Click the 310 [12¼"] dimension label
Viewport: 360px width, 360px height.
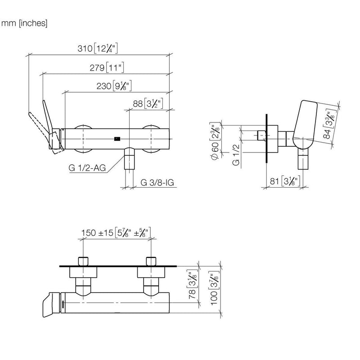98,48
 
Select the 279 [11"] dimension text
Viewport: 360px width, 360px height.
107,67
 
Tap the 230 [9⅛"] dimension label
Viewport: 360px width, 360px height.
114,86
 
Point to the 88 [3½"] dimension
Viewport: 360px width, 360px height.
148,103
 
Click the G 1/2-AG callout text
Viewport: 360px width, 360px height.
87,168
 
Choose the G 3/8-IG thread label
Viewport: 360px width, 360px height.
157,183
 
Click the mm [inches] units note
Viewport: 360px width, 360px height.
24,23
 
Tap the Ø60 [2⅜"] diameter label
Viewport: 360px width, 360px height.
216,141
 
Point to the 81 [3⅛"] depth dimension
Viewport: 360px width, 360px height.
285,181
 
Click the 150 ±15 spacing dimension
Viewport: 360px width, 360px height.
116,232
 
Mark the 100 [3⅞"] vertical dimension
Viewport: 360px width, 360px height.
214,288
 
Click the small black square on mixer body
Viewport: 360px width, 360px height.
117,139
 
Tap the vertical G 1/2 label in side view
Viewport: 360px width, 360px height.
236,154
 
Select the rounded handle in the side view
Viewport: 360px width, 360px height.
305,125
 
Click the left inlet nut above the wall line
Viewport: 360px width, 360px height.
83,261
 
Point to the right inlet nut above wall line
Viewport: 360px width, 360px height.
151,261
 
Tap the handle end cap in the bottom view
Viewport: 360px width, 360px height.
51,305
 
